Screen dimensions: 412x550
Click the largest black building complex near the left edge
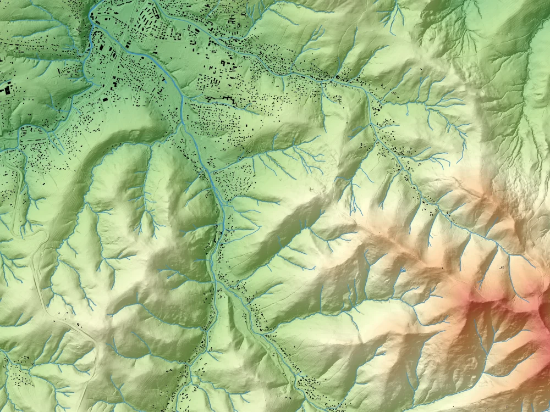click(7, 88)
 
